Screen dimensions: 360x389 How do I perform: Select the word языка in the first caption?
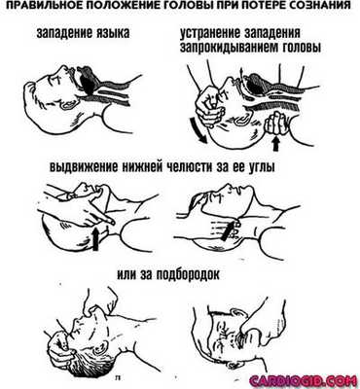(113, 33)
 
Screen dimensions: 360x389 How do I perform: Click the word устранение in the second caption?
(210, 33)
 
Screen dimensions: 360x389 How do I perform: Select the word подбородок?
(187, 275)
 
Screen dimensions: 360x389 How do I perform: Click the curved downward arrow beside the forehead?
(198, 130)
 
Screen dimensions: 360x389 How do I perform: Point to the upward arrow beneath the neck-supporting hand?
(275, 143)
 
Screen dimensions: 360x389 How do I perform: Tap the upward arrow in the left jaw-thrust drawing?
(95, 238)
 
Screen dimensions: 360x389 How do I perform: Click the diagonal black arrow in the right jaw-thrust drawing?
(228, 230)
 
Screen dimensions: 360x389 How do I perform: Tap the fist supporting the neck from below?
(275, 124)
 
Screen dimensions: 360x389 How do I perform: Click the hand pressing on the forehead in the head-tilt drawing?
(208, 104)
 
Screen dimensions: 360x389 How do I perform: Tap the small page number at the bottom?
(117, 377)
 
